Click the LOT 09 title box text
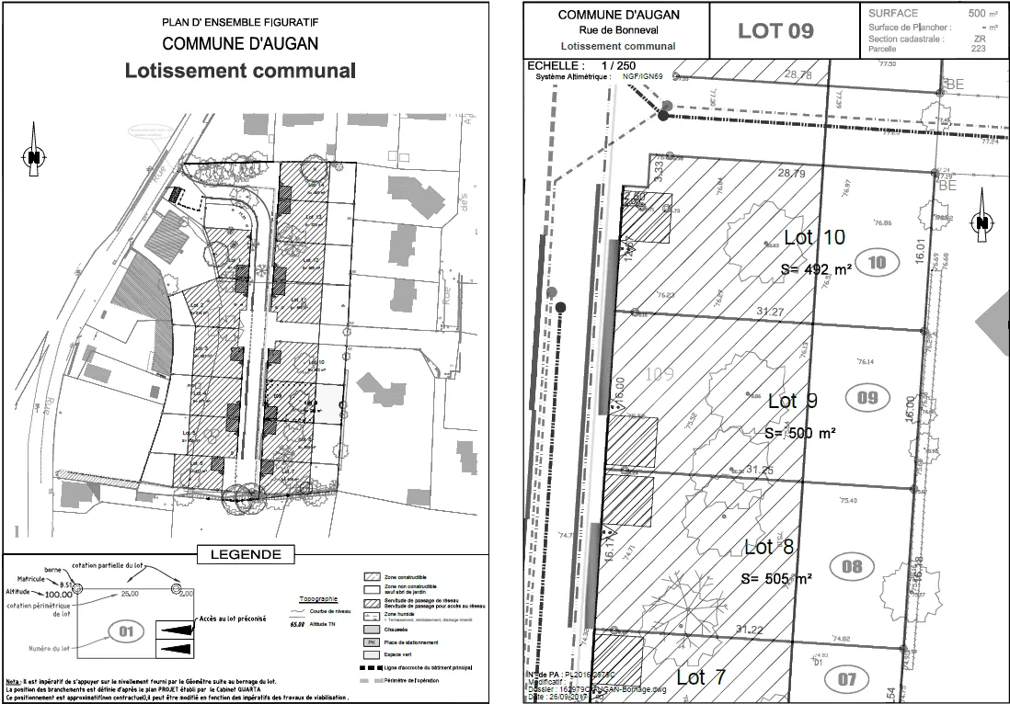[775, 30]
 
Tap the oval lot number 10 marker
[877, 262]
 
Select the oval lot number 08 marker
[852, 565]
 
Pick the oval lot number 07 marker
[846, 680]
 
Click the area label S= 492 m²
[816, 269]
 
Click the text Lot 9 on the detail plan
[793, 401]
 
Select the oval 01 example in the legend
[126, 631]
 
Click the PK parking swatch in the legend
[373, 642]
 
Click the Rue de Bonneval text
[618, 30]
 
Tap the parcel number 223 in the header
[978, 49]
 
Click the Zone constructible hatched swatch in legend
[373, 577]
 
